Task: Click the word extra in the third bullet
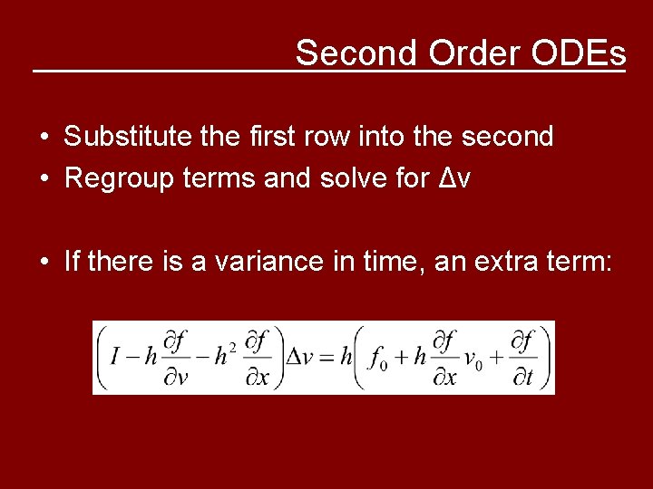pyautogui.click(x=509, y=263)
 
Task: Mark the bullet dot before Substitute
pyautogui.click(x=44, y=138)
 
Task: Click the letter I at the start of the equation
pyautogui.click(x=115, y=357)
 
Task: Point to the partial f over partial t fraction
pyautogui.click(x=522, y=357)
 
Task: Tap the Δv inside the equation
pyautogui.click(x=300, y=357)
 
